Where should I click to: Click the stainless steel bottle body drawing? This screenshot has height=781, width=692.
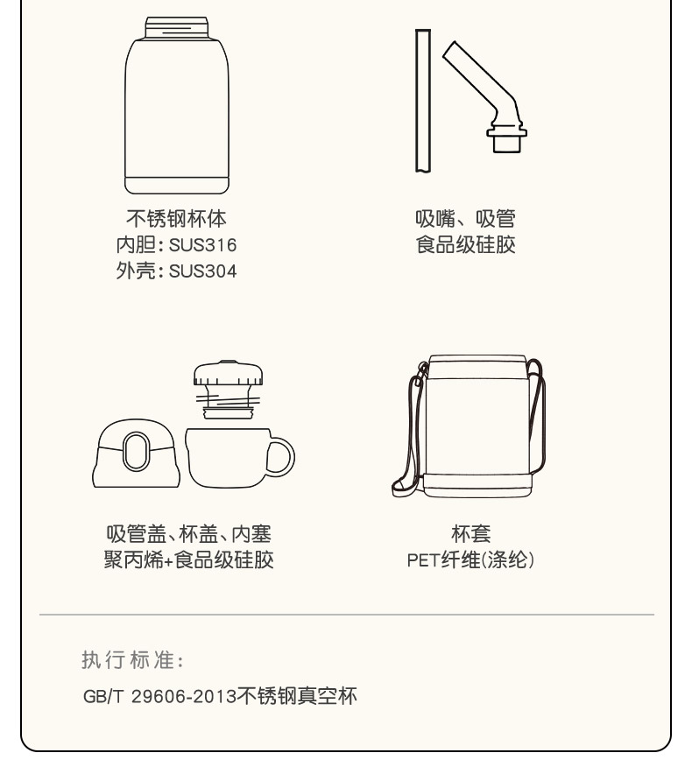tap(177, 106)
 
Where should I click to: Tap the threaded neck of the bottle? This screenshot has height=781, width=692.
tap(177, 27)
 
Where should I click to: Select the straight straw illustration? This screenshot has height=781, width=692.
tap(423, 101)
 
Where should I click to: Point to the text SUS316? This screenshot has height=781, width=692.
tap(202, 245)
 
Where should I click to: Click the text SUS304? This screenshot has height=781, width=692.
tap(202, 271)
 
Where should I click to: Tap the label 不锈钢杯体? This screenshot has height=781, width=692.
tap(176, 219)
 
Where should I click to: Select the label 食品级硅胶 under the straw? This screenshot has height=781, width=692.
tap(466, 244)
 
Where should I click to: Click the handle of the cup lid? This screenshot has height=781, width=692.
tap(281, 457)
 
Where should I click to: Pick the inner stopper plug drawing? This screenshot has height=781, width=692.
tap(228, 389)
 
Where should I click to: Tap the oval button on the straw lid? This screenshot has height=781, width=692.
tap(136, 451)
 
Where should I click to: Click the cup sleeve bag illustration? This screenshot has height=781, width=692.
tap(469, 426)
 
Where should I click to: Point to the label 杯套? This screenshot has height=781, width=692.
tap(470, 534)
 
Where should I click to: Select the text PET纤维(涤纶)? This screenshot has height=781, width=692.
tap(470, 560)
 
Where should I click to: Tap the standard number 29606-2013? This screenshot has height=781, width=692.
tap(184, 696)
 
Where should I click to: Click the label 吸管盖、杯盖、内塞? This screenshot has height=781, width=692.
tap(189, 534)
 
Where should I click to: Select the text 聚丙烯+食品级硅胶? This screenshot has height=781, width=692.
tap(189, 559)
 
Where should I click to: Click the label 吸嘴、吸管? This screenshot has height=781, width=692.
tap(466, 219)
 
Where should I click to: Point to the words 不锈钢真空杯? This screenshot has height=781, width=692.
tap(297, 696)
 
